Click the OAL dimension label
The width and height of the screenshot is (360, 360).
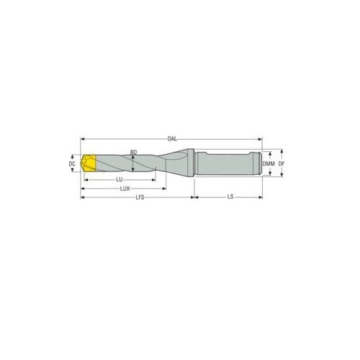(x=171, y=138)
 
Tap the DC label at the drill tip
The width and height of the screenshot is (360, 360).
(x=72, y=164)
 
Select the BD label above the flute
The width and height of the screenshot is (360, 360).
(x=133, y=152)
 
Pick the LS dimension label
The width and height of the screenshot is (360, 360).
(x=230, y=197)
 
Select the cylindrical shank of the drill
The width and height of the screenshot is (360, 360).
(x=223, y=164)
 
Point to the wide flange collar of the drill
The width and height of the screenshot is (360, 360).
(x=188, y=164)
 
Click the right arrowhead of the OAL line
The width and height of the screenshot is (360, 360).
(x=261, y=138)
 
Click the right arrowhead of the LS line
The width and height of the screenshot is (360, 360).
(x=261, y=197)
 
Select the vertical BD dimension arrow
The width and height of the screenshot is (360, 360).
(x=132, y=164)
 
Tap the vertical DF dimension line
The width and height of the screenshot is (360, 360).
(x=277, y=164)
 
